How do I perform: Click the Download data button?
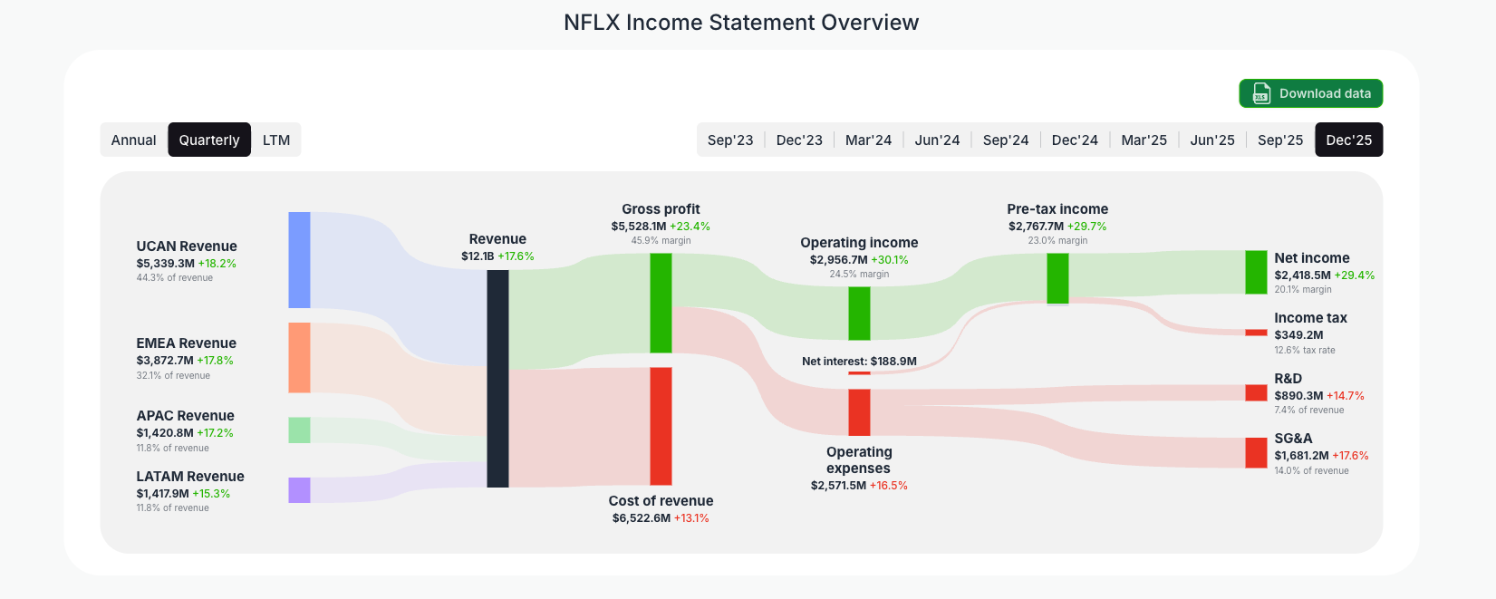click(1310, 93)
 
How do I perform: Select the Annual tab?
click(134, 140)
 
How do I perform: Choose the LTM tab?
click(276, 140)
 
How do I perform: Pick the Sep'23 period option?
click(730, 140)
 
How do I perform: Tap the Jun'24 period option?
click(937, 140)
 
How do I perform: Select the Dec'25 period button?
click(1348, 140)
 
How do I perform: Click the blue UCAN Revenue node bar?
click(299, 260)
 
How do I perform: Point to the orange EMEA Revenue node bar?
click(299, 358)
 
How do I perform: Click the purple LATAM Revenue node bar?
click(299, 490)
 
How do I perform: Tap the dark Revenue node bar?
click(497, 378)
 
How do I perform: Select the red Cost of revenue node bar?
click(661, 426)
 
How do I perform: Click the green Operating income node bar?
click(859, 314)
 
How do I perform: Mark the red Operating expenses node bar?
click(859, 412)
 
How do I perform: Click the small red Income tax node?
click(1256, 333)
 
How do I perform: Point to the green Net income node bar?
click(1256, 272)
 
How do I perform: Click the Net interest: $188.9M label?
click(859, 362)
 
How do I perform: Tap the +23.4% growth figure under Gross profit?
click(690, 227)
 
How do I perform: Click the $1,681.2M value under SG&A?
click(1301, 456)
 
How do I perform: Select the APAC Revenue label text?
click(185, 416)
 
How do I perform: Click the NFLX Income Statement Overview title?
click(741, 23)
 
